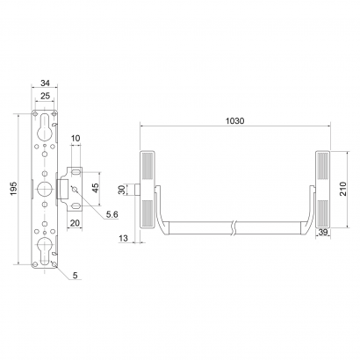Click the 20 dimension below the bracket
[x=76, y=223]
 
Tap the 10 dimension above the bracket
[x=76, y=138]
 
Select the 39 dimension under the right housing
[x=324, y=231]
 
